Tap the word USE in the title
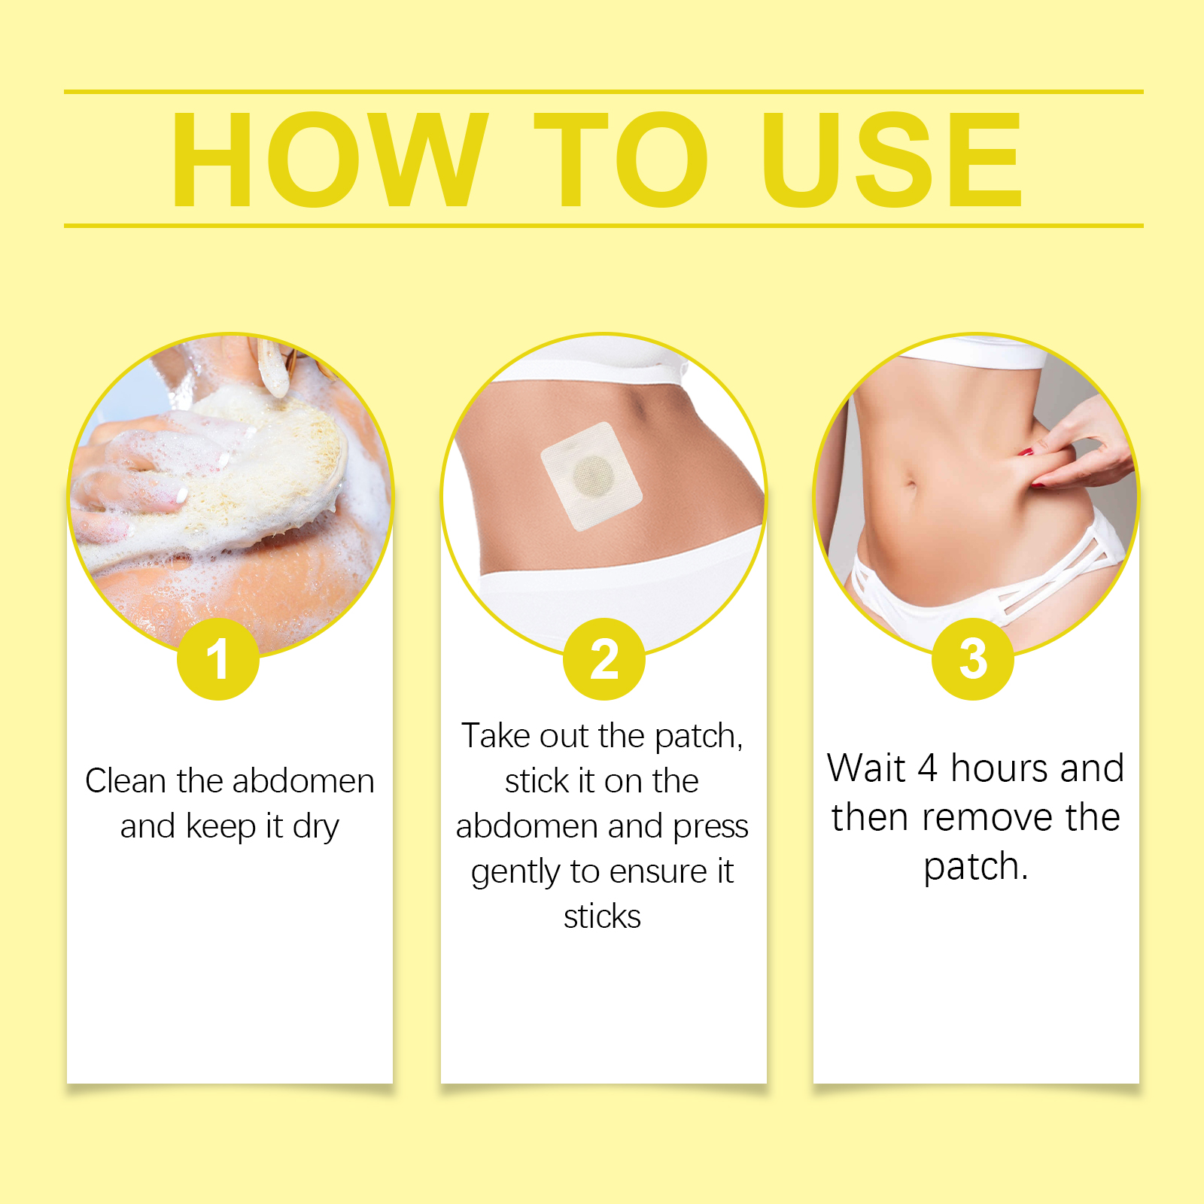tap(892, 159)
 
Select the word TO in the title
tap(621, 159)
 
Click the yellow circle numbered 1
tap(218, 659)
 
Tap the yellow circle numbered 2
tap(604, 659)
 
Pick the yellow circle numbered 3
tap(973, 659)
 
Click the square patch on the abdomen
tap(591, 476)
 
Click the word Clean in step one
tap(126, 781)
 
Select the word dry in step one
tap(316, 828)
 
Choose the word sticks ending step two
tap(602, 917)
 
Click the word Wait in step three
tap(866, 768)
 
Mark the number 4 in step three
tap(927, 768)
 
